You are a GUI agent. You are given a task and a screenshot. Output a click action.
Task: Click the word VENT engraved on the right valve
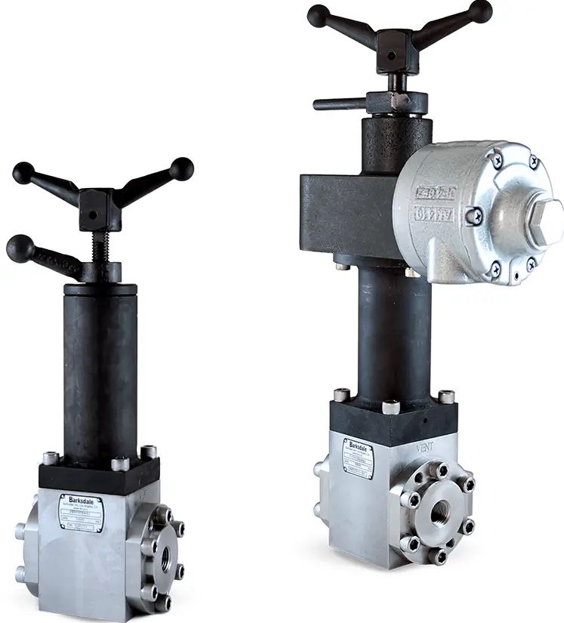tap(427, 447)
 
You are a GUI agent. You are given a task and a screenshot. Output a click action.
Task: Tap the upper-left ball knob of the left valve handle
tap(23, 172)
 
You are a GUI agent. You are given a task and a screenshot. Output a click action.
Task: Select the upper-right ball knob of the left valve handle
tap(181, 168)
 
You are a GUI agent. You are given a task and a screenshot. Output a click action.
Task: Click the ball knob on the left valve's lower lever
tap(18, 248)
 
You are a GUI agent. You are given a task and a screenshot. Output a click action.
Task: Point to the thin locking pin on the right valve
tap(340, 104)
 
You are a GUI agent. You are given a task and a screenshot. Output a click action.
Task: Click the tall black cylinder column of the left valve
tap(100, 370)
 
